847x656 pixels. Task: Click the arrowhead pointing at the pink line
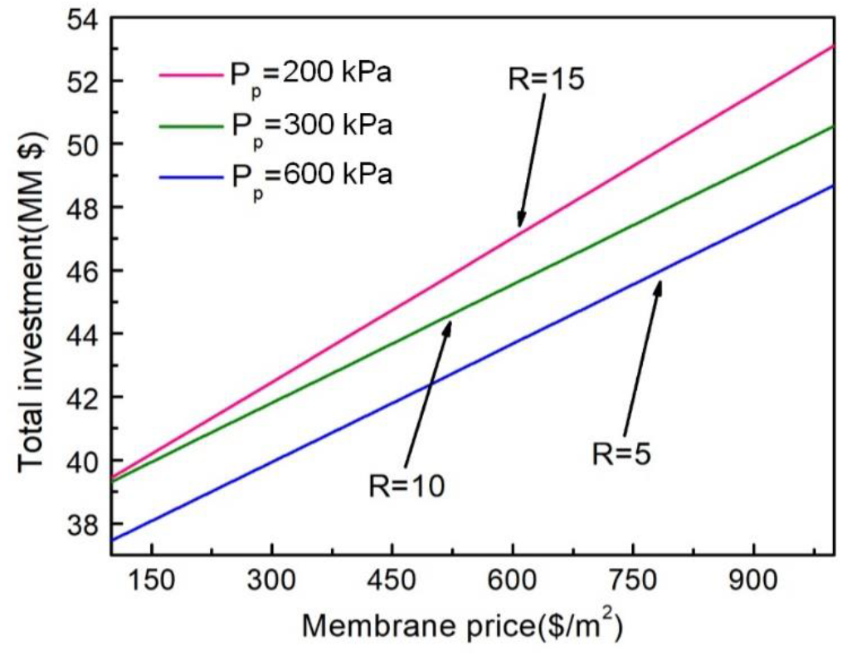click(520, 223)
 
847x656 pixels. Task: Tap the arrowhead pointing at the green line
click(449, 325)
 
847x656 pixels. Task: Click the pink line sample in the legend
click(188, 74)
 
